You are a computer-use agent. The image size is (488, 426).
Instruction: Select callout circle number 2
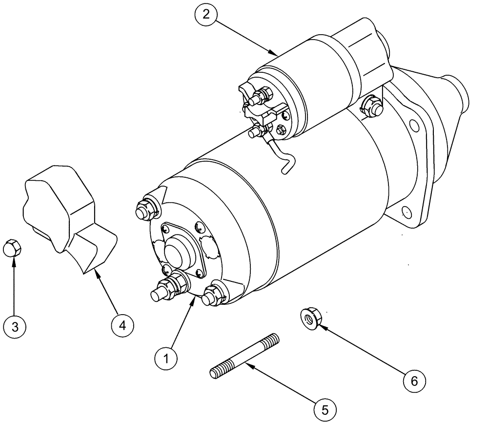tap(206, 14)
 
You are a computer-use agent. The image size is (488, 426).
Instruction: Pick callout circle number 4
tap(122, 324)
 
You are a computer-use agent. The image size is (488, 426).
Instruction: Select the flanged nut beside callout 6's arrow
tap(308, 319)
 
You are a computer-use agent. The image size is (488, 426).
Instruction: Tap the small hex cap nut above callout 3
tap(13, 248)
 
